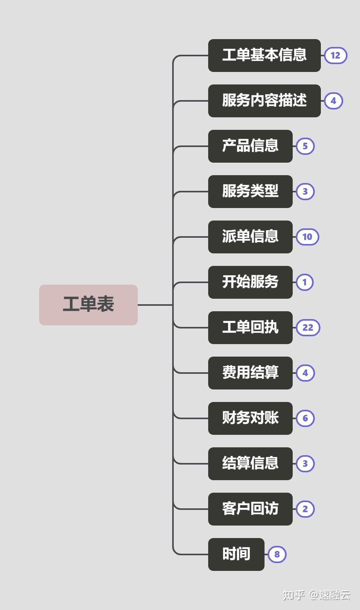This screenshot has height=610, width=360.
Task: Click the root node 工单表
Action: (88, 305)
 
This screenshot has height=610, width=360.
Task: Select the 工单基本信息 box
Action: (264, 56)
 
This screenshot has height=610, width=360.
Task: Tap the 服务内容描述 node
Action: (264, 101)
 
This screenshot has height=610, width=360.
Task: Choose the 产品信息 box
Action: (250, 146)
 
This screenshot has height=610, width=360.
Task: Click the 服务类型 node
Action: (250, 192)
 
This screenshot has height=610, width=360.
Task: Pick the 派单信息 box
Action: (250, 237)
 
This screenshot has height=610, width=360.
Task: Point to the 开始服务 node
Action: (250, 282)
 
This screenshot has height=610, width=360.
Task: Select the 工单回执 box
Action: (250, 328)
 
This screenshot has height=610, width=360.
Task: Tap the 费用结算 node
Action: (250, 373)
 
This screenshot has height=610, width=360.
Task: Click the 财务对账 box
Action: (250, 418)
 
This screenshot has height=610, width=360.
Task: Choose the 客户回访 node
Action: (250, 509)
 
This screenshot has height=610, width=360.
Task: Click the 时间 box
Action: (236, 554)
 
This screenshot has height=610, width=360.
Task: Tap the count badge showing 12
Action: (335, 56)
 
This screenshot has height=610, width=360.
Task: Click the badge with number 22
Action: (308, 328)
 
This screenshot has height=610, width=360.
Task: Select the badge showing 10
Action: (307, 237)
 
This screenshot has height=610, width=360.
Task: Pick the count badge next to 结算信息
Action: (305, 464)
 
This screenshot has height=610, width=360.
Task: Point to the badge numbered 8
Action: (277, 554)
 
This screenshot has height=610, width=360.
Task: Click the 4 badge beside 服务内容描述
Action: (333, 101)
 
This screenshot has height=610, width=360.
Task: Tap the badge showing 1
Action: (305, 282)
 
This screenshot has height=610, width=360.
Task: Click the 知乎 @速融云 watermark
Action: (316, 595)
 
